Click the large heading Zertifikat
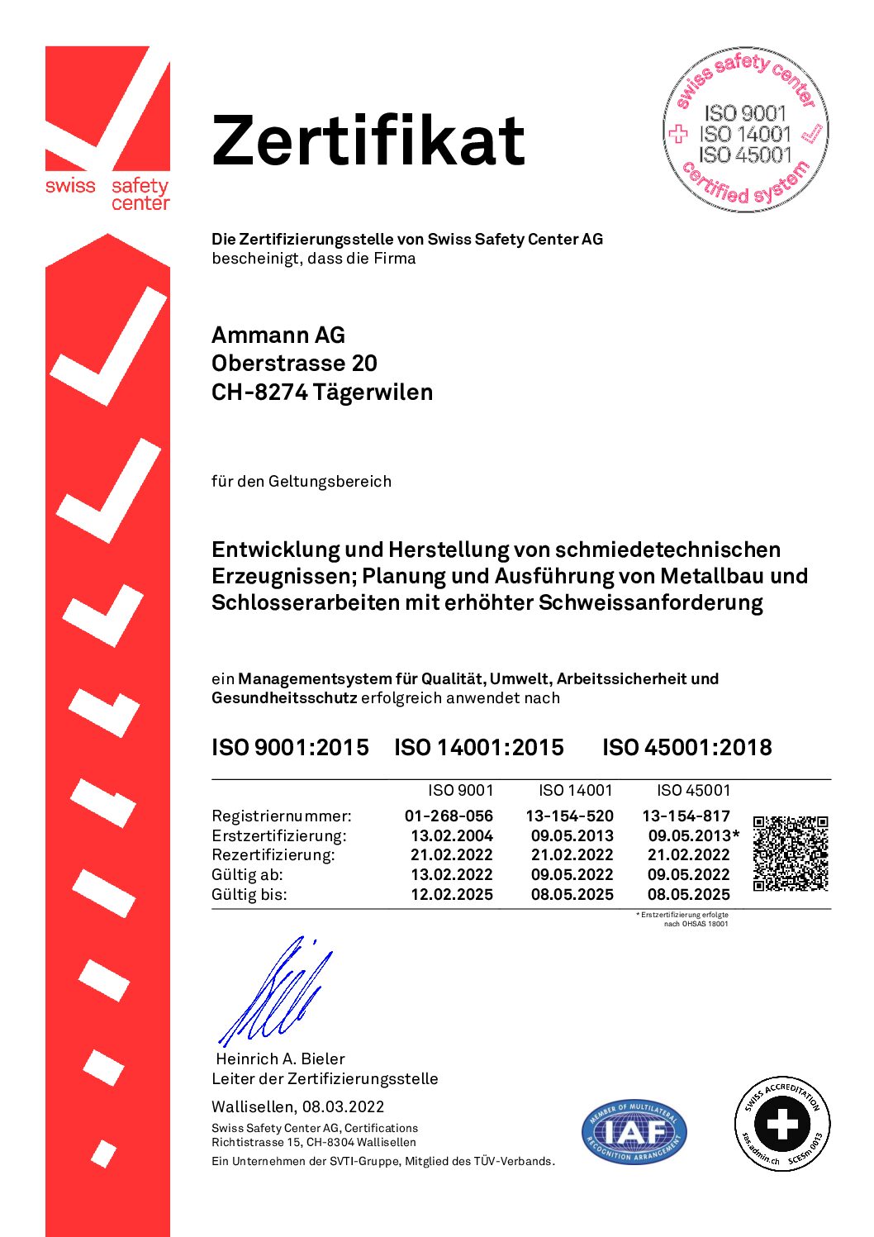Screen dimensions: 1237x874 click(368, 140)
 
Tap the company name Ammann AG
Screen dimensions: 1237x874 click(278, 335)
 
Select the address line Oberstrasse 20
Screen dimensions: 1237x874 click(294, 364)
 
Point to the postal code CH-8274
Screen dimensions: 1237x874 click(259, 392)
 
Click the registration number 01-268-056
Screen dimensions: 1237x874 click(449, 816)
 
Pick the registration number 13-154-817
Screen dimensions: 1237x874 click(686, 816)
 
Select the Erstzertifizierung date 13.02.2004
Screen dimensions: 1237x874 click(451, 835)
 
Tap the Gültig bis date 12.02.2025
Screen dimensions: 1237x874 click(451, 894)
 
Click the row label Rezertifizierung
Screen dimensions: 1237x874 click(273, 854)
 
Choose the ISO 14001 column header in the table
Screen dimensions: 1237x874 click(575, 790)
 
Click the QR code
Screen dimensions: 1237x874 click(791, 854)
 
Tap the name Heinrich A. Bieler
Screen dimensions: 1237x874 click(280, 1059)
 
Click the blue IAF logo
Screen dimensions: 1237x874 click(634, 1130)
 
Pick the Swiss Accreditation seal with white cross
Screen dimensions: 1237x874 click(782, 1123)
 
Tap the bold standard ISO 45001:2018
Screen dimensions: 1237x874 click(686, 747)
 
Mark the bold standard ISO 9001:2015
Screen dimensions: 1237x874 click(290, 747)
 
